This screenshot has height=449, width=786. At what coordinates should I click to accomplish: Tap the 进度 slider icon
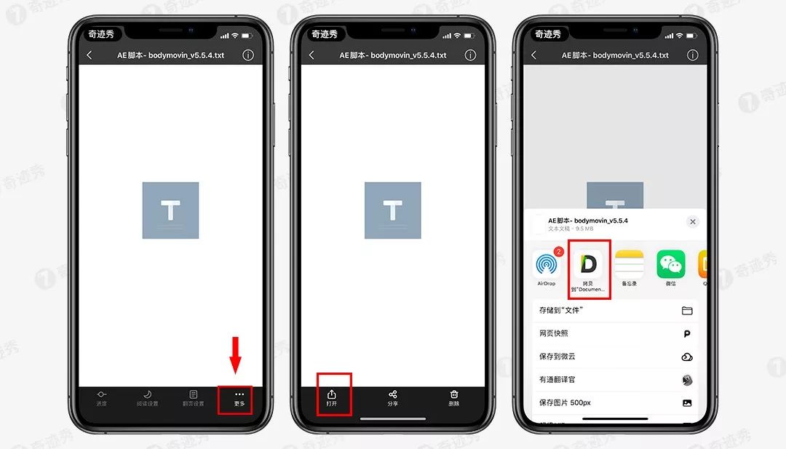pos(101,397)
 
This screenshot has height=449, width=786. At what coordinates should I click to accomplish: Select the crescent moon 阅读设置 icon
pos(148,397)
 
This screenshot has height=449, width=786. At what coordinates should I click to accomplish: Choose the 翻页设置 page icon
pos(194,397)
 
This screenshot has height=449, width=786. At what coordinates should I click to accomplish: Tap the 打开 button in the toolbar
pos(332,397)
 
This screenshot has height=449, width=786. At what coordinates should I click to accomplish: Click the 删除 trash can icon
pos(454,397)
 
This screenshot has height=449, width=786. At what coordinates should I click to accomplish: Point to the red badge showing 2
pos(559,252)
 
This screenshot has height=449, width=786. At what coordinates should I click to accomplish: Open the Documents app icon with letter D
pos(588,264)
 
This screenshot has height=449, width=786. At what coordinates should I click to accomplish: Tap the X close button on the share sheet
pos(692,221)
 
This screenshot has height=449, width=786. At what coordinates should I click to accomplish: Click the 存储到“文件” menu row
pos(615,311)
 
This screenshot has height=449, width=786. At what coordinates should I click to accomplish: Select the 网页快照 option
pos(615,333)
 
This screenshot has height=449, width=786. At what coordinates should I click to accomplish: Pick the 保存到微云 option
pos(615,357)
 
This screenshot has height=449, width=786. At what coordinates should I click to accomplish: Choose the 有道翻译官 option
pos(615,379)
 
